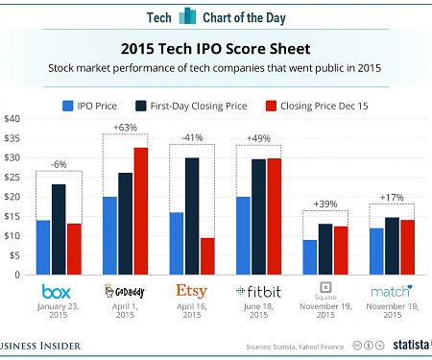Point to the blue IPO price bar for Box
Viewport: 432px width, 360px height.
[41, 247]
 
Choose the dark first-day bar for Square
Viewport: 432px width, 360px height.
[325, 249]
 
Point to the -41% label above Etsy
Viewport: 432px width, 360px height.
[192, 137]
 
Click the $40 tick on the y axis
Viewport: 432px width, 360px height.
[12, 119]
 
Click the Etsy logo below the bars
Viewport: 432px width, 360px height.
[193, 290]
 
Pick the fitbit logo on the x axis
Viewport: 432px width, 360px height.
[260, 290]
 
